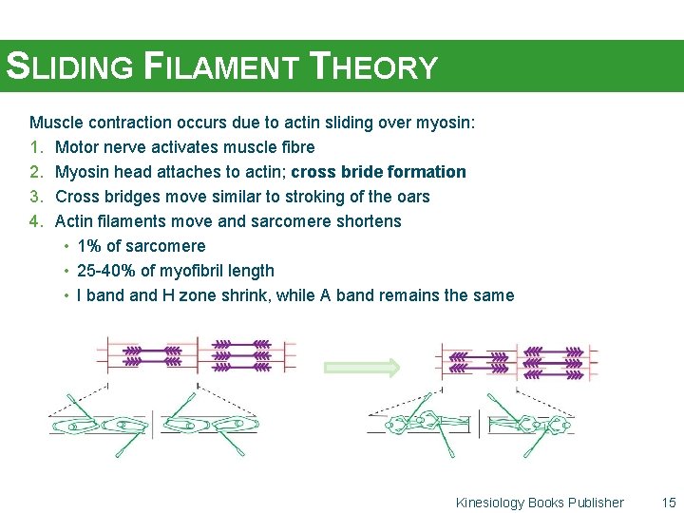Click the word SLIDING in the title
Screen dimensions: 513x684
pyautogui.click(x=71, y=67)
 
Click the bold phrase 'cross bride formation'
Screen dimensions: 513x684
pyautogui.click(x=378, y=172)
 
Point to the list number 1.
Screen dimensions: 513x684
pyautogui.click(x=36, y=147)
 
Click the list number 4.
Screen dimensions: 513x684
pyautogui.click(x=36, y=221)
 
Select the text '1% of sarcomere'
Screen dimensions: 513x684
pyautogui.click(x=141, y=246)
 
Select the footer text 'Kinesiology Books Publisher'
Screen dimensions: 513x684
pyautogui.click(x=540, y=503)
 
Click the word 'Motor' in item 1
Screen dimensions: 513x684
pyautogui.click(x=77, y=147)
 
